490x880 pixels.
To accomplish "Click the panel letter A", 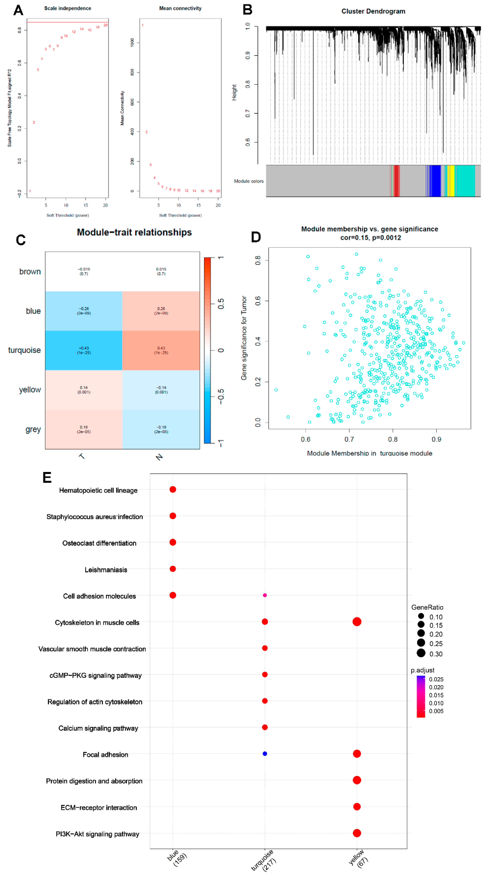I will tap(18, 10).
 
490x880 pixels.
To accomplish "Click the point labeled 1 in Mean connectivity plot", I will tap(142, 25).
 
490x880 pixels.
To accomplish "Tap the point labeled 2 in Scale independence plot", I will tap(34, 122).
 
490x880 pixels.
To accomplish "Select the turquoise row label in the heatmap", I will tap(24, 350).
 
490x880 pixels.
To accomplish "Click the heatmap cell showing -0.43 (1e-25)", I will tap(84, 350).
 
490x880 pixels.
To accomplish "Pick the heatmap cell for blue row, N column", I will tap(161, 311).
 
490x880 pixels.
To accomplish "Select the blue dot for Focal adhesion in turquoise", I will tap(264, 754).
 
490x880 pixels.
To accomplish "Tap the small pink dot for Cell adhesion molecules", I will tap(264, 595).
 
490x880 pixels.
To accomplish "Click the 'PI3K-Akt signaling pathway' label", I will tap(97, 834).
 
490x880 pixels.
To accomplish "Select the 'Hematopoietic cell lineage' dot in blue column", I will tap(173, 490).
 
